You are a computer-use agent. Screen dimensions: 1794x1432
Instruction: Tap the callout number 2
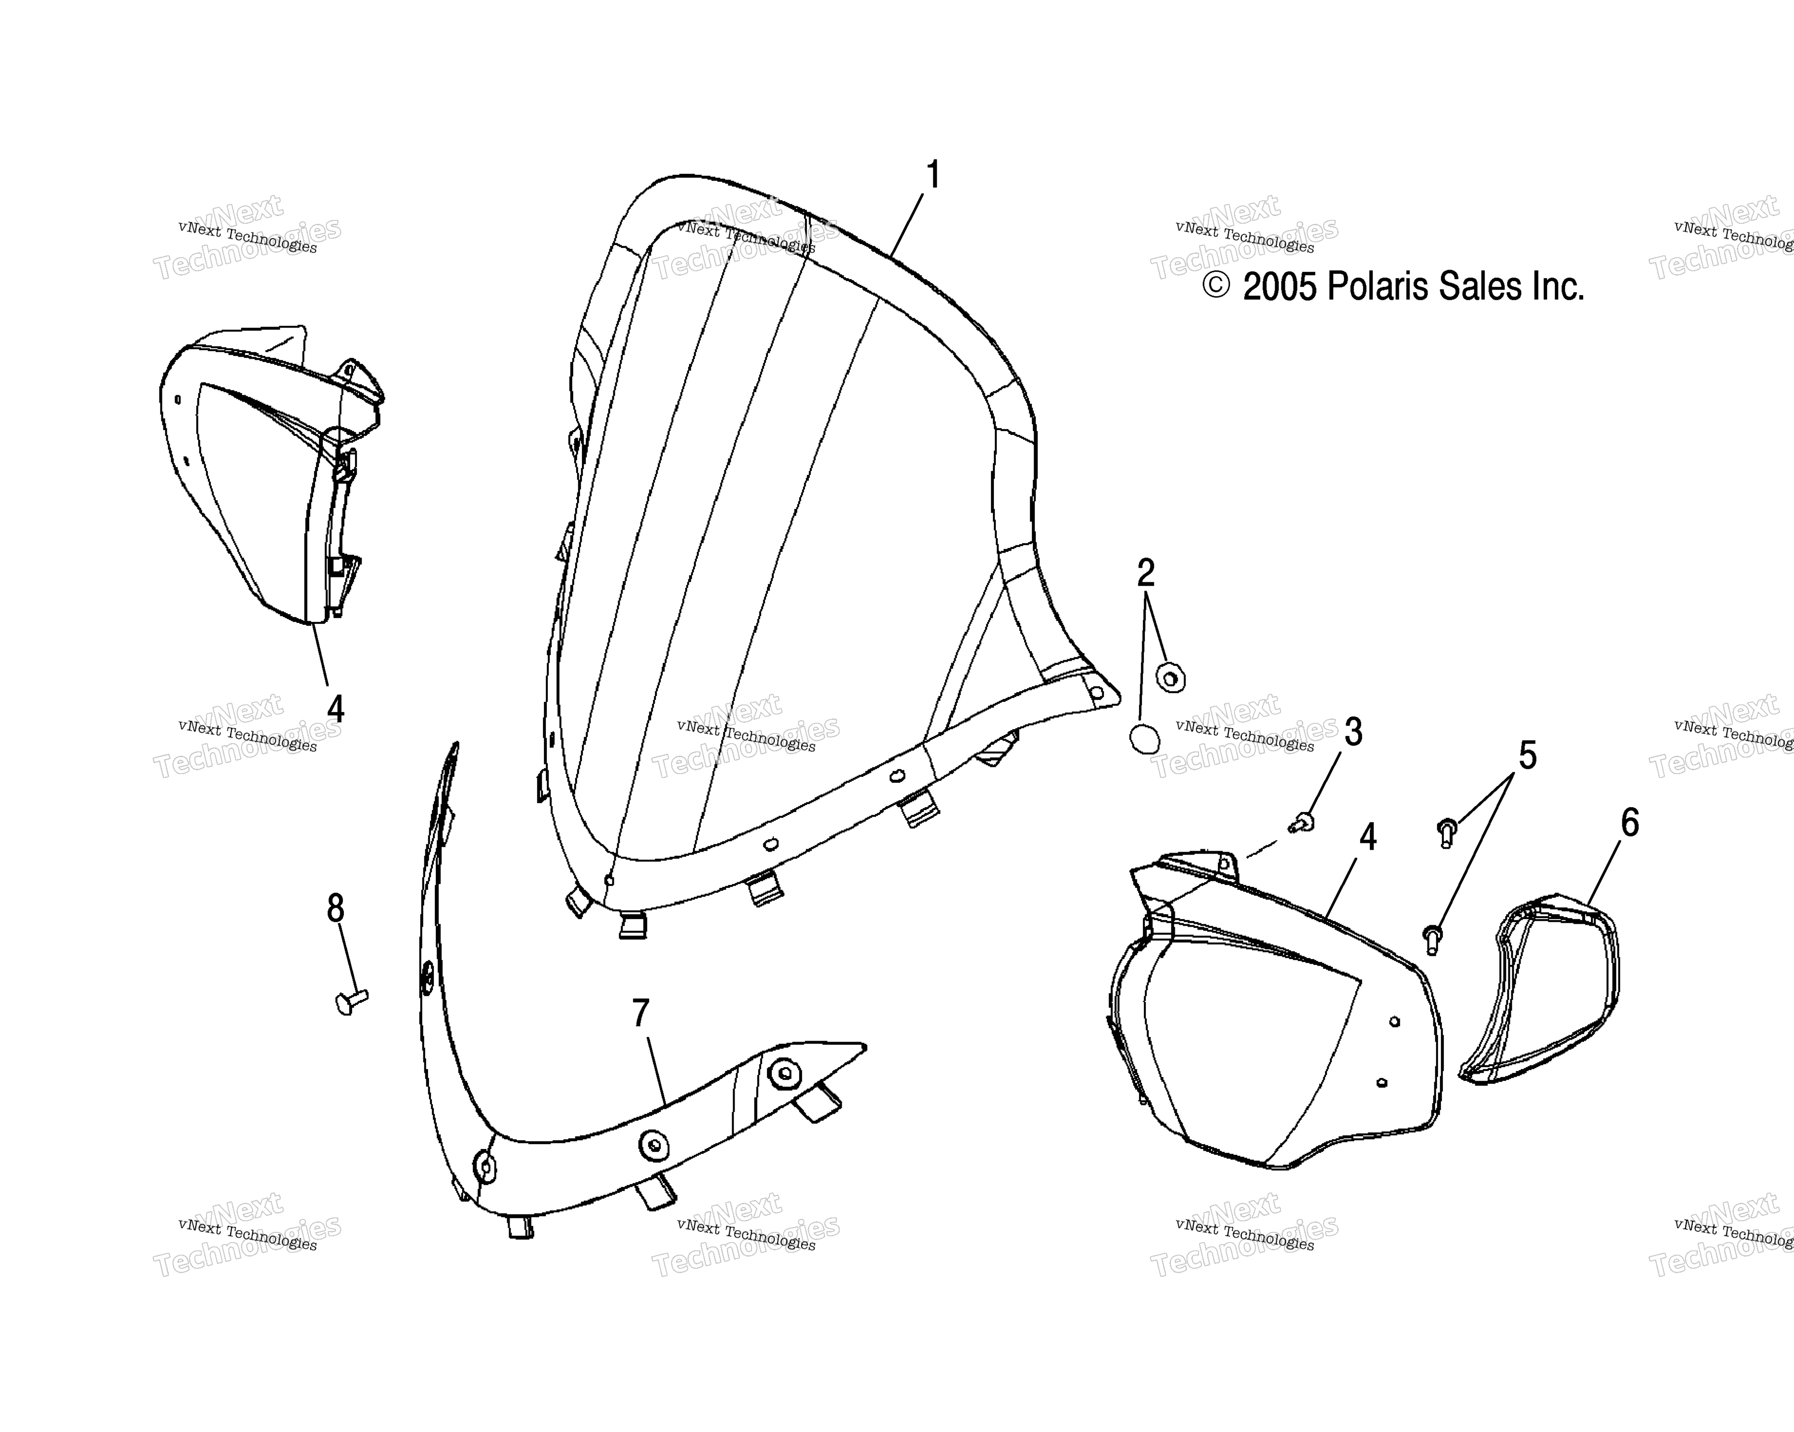pyautogui.click(x=1146, y=573)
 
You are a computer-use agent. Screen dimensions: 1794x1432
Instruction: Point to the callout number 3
pyautogui.click(x=1354, y=732)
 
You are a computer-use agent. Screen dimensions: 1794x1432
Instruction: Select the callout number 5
pyautogui.click(x=1528, y=756)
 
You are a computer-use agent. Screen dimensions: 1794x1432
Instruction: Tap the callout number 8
pyautogui.click(x=336, y=909)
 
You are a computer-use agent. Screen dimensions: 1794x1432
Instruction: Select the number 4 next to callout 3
pyautogui.click(x=1368, y=838)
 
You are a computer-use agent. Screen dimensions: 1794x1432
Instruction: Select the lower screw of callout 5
pyautogui.click(x=1433, y=939)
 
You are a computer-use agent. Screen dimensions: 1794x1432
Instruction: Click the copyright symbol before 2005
pyautogui.click(x=1217, y=286)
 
